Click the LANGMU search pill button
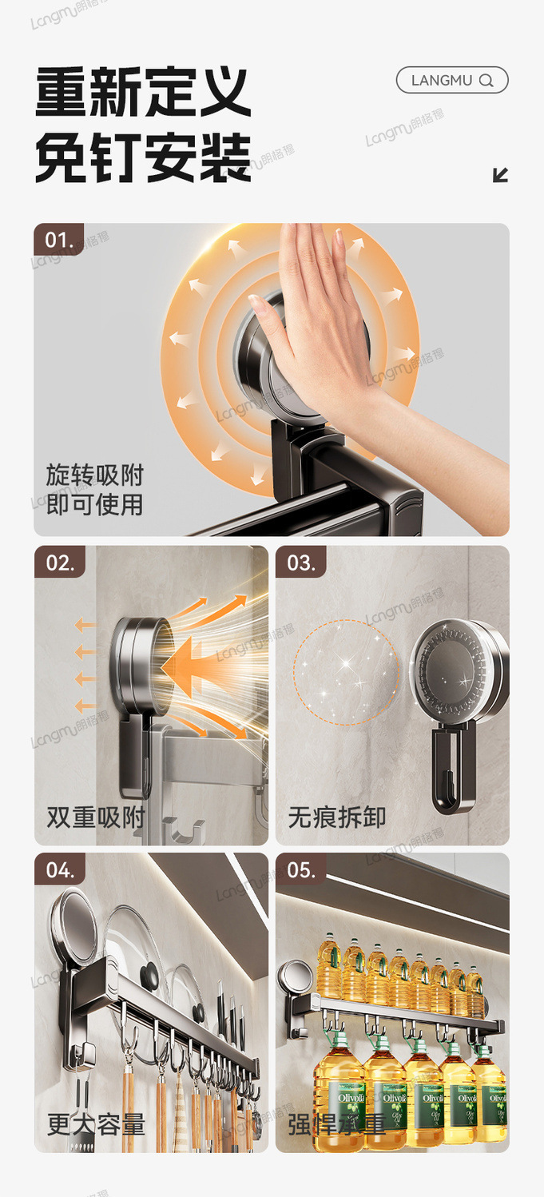(x=451, y=80)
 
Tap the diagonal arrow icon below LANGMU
(x=501, y=175)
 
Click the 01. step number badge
(x=58, y=239)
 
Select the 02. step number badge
(x=59, y=562)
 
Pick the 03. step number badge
(x=301, y=562)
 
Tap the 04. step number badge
(x=59, y=869)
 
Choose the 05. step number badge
(x=301, y=869)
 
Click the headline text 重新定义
(x=143, y=93)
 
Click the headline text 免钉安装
(x=143, y=157)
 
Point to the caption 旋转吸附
(x=94, y=475)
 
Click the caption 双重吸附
(x=95, y=817)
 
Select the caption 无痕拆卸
(x=337, y=817)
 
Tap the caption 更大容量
(x=95, y=1124)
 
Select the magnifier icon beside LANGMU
(x=486, y=81)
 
